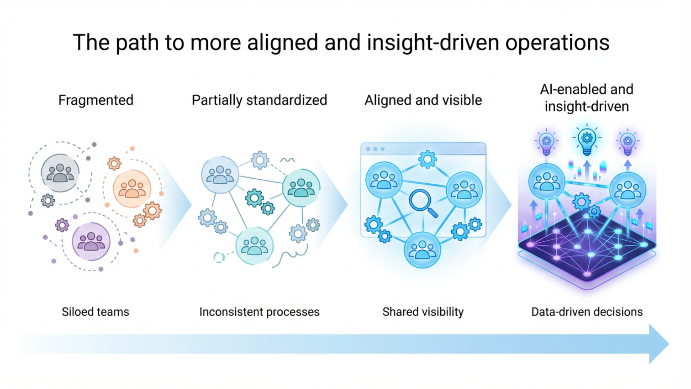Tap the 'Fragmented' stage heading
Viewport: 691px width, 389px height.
tap(96, 100)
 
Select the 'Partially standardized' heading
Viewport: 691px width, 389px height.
tap(259, 100)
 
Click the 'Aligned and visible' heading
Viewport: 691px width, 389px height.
tap(423, 100)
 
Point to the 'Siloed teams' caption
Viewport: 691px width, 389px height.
tap(95, 312)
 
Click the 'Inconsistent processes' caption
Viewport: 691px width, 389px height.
tap(259, 312)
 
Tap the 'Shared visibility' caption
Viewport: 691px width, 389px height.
tap(423, 312)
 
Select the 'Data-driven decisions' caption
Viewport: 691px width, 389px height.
tap(587, 312)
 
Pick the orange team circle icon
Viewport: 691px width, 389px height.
tap(132, 189)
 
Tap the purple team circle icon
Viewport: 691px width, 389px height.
tap(91, 241)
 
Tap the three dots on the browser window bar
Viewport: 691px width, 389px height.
tap(375, 149)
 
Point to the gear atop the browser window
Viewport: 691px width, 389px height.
tap(427, 159)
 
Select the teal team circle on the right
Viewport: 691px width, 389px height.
tap(301, 188)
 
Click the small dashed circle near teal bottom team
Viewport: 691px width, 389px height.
tap(219, 257)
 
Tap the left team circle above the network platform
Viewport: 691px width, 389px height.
tap(546, 181)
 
